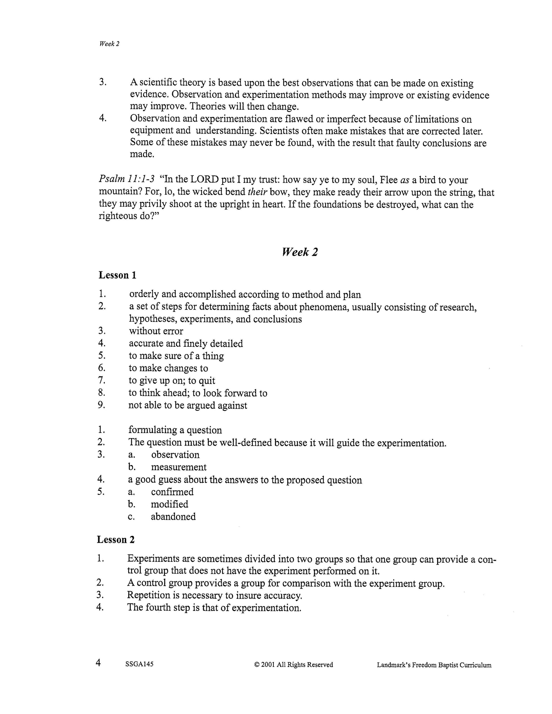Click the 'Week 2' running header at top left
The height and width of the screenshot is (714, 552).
(x=109, y=44)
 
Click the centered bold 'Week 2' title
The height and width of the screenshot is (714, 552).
(x=300, y=252)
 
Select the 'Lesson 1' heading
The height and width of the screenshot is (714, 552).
(x=117, y=275)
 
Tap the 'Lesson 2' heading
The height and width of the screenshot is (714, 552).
(x=115, y=540)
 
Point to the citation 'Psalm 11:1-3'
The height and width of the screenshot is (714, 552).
(x=127, y=180)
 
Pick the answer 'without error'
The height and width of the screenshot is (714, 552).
(x=156, y=331)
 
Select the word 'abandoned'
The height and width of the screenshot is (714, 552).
(x=173, y=517)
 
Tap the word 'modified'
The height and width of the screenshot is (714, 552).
(x=169, y=504)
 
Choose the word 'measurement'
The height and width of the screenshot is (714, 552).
(x=178, y=467)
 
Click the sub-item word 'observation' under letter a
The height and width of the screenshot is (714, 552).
(x=175, y=455)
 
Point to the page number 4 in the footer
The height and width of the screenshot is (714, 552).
(x=98, y=663)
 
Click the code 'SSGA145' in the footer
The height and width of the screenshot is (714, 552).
(x=139, y=664)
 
